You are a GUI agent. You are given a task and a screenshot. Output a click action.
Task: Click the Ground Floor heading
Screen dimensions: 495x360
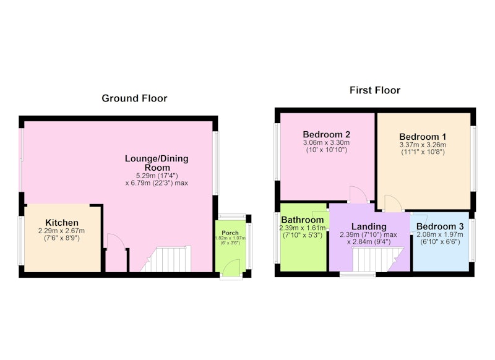[134, 98]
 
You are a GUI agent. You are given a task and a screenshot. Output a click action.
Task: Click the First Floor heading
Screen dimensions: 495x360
[375, 90]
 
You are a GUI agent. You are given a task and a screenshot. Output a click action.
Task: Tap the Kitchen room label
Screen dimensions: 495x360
[62, 223]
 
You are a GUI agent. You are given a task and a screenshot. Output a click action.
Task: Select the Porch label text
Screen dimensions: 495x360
[230, 233]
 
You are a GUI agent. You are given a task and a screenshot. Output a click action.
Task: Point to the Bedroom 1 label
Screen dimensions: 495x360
[423, 137]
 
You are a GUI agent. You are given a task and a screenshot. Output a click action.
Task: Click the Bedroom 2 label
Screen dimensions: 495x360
[327, 134]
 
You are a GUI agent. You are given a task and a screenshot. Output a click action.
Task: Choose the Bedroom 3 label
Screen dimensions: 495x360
[440, 226]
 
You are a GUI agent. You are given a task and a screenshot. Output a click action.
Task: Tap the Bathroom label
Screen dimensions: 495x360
[303, 220]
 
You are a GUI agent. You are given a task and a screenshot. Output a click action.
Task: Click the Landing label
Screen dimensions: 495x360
[369, 226]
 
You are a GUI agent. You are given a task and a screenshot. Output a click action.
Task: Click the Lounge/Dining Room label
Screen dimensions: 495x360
[157, 163]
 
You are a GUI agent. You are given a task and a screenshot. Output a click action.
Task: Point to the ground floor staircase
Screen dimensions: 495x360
[166, 259]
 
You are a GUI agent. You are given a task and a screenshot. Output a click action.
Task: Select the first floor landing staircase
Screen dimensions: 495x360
[378, 259]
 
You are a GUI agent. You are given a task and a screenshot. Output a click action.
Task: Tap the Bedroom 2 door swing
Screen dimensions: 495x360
[359, 194]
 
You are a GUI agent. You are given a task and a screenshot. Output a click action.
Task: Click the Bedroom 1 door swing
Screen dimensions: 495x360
[393, 203]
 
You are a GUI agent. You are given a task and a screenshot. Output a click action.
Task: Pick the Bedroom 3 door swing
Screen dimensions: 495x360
[419, 223]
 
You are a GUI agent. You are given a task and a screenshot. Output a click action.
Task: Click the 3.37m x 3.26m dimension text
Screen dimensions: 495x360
[423, 145]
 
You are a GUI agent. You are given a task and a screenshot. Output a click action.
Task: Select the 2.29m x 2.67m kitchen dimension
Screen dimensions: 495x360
[61, 231]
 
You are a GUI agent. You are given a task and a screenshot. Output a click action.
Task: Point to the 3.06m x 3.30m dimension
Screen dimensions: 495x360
[327, 143]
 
